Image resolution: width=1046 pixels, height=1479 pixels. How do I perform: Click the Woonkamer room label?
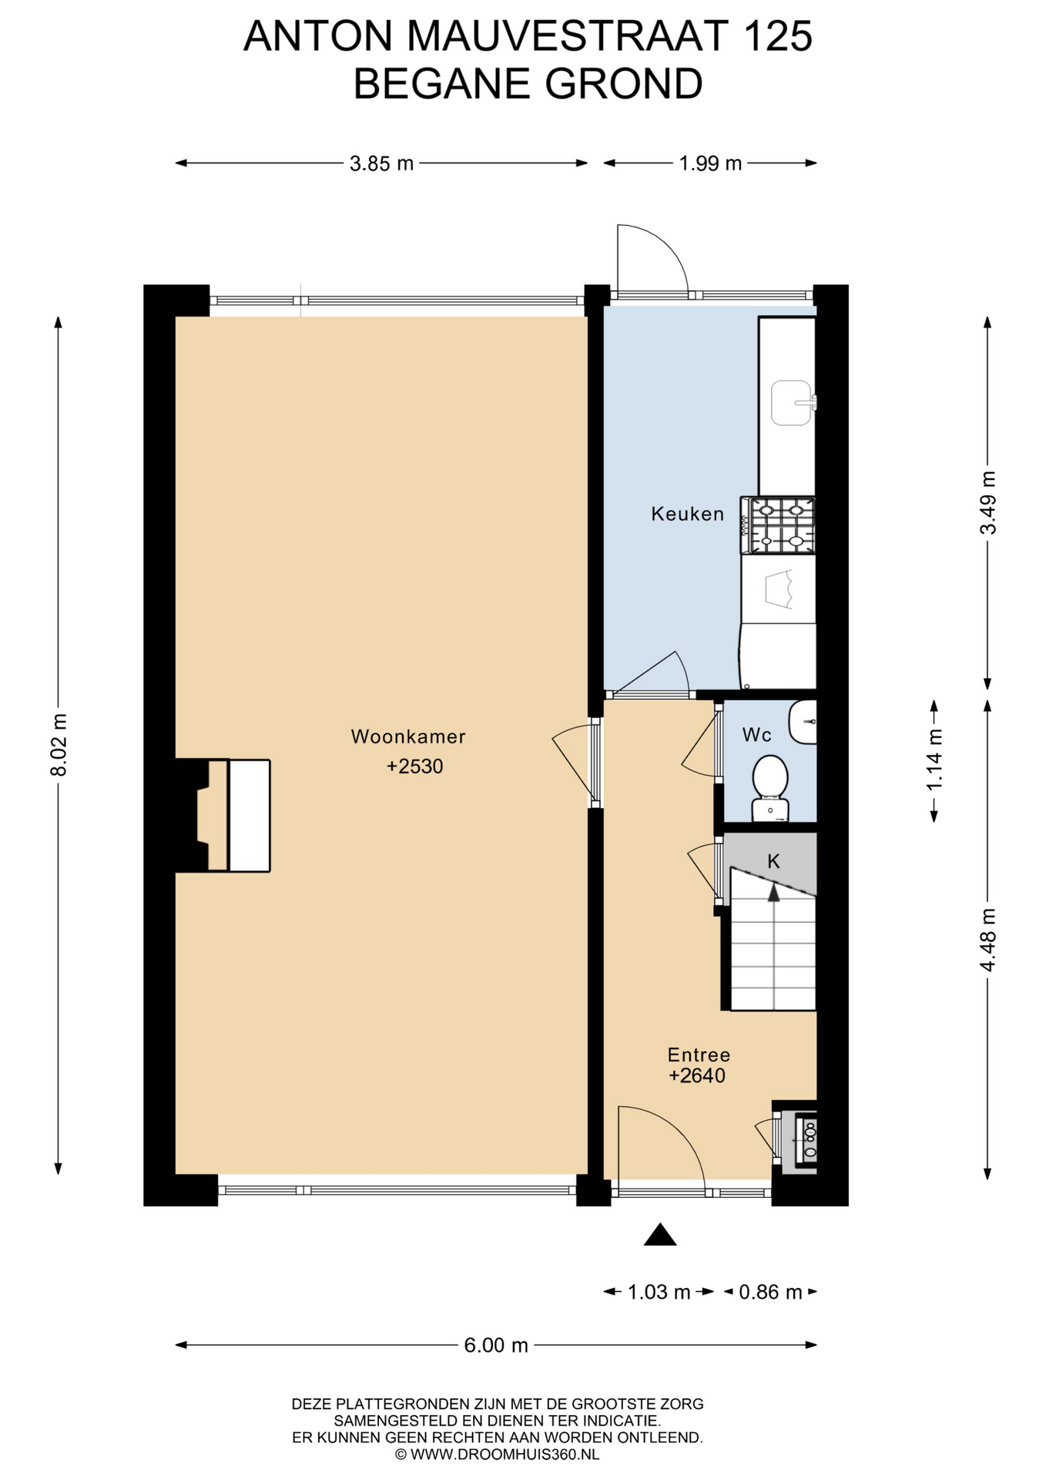click(408, 736)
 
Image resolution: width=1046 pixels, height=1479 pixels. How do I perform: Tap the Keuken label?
click(688, 514)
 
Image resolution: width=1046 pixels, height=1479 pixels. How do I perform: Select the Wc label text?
click(756, 735)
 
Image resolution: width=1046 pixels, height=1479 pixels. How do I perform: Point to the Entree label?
click(699, 1055)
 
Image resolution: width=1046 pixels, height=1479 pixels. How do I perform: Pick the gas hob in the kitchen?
click(778, 525)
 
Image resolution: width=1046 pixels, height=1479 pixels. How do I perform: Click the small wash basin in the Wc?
click(803, 722)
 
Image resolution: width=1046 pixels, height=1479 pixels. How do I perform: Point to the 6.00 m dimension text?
click(496, 1345)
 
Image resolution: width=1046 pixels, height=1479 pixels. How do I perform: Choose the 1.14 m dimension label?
click(934, 760)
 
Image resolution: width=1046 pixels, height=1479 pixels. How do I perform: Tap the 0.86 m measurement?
click(770, 1292)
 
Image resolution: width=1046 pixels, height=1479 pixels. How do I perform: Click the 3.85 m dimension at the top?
click(381, 163)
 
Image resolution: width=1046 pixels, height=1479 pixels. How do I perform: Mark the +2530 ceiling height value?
click(415, 766)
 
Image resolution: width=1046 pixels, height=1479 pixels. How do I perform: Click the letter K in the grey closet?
click(774, 861)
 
